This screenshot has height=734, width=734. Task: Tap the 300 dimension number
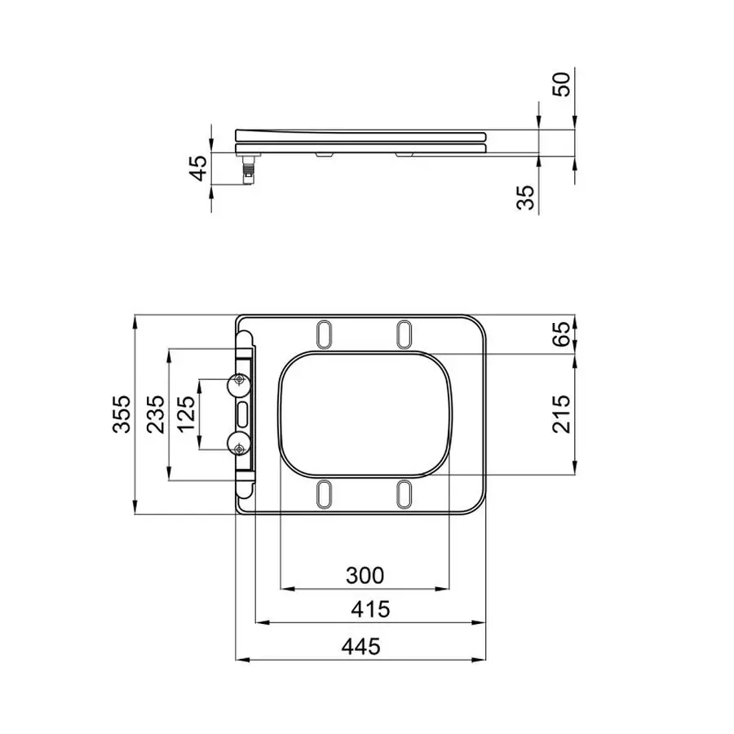[365, 576]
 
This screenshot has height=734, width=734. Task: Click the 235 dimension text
[156, 415]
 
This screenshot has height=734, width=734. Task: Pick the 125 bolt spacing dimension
[186, 415]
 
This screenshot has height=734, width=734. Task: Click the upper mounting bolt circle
[239, 382]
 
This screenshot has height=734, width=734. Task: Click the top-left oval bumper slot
[324, 334]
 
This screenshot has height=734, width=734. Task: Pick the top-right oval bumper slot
[404, 334]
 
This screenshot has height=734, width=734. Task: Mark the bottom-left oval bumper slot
[324, 493]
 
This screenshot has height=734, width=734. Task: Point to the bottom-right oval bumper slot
[404, 493]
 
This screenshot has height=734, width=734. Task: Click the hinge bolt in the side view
[249, 171]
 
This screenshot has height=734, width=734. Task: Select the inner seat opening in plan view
[365, 413]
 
